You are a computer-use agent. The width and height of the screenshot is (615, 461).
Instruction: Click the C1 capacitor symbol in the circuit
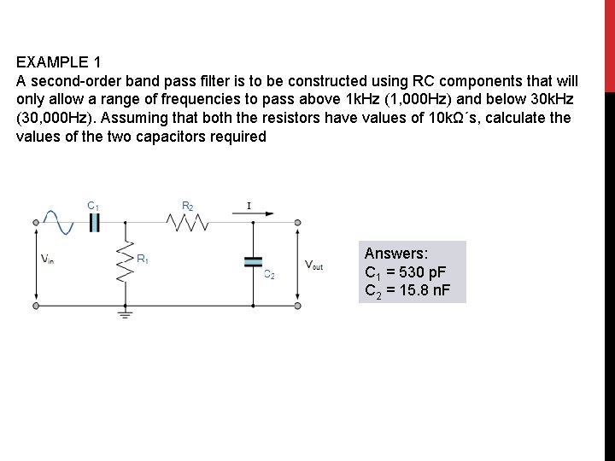click(95, 223)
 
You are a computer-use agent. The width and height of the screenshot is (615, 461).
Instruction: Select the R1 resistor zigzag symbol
click(126, 266)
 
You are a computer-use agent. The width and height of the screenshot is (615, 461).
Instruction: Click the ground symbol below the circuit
click(126, 317)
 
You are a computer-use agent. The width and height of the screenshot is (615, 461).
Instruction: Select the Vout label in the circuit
click(313, 266)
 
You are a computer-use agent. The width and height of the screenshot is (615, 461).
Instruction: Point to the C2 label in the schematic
click(267, 275)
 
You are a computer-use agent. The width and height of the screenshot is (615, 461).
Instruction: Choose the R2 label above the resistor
click(187, 205)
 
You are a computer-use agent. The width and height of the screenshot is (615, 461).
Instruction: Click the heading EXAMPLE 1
click(58, 62)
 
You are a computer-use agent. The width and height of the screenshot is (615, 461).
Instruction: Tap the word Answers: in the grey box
click(396, 254)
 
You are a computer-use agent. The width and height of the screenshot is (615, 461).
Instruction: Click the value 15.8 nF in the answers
click(430, 290)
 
